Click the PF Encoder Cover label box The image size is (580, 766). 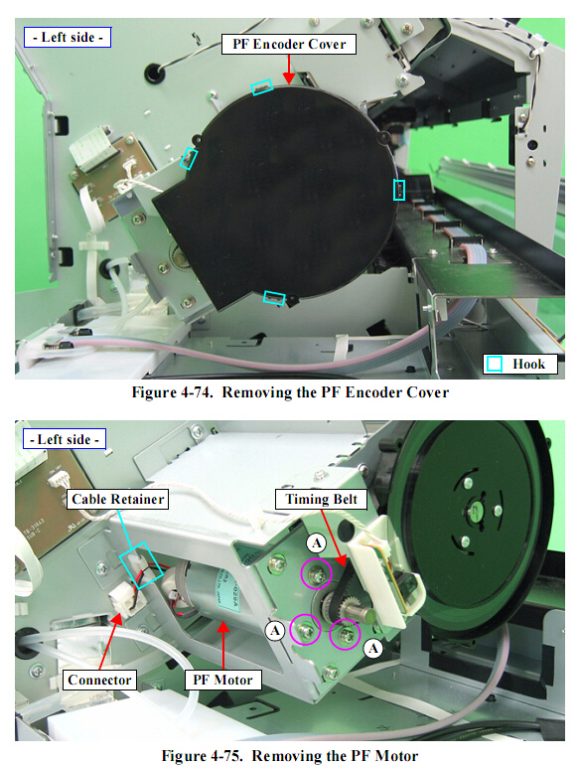pyautogui.click(x=289, y=44)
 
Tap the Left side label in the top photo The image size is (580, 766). pyautogui.click(x=68, y=37)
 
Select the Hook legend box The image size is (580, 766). pyautogui.click(x=520, y=364)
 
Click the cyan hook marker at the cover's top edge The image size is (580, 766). pyautogui.click(x=261, y=87)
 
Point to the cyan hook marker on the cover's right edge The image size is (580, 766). pyautogui.click(x=399, y=190)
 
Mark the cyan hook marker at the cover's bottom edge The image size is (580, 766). pyautogui.click(x=274, y=297)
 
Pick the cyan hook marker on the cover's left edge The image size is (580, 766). pyautogui.click(x=189, y=158)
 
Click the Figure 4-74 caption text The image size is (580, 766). pyautogui.click(x=290, y=392)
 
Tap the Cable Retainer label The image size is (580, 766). pyautogui.click(x=117, y=500)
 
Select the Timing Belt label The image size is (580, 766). pyautogui.click(x=321, y=500)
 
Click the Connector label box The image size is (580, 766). pyautogui.click(x=99, y=680)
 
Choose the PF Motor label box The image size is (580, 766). pyautogui.click(x=223, y=680)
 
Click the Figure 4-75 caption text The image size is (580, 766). pyautogui.click(x=290, y=755)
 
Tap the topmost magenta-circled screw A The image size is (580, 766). pyautogui.click(x=316, y=573)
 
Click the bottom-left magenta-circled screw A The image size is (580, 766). pyautogui.click(x=305, y=629)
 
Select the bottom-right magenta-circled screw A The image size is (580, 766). pyautogui.click(x=345, y=635)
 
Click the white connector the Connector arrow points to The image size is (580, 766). pyautogui.click(x=124, y=600)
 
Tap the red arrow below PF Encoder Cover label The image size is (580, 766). pyautogui.click(x=289, y=70)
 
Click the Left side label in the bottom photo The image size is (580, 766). pyautogui.click(x=65, y=439)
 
